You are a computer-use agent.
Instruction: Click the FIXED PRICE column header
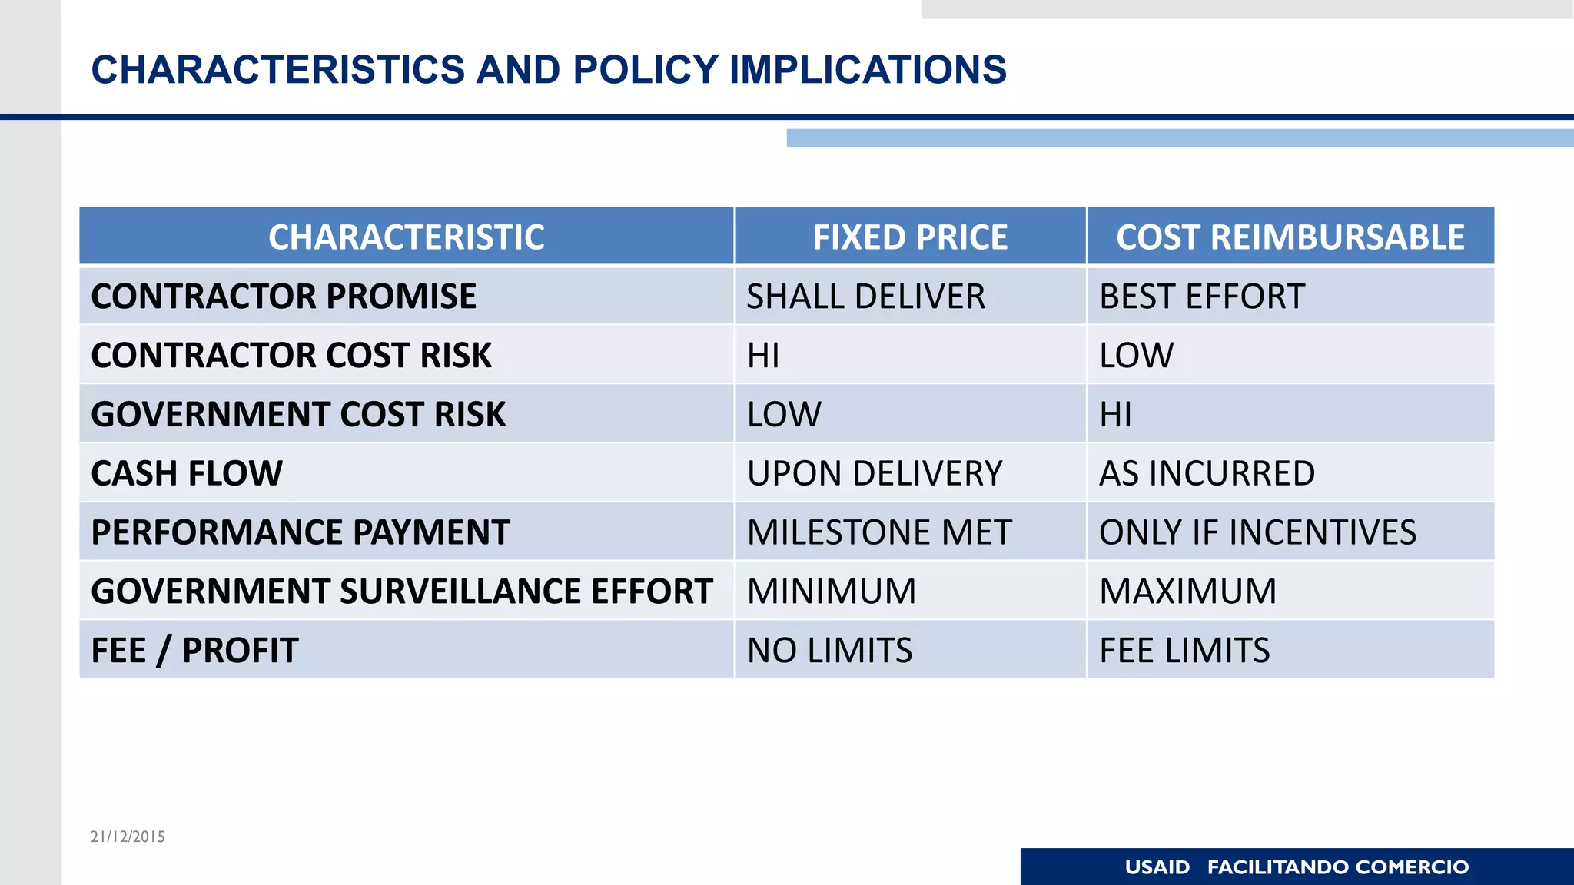(910, 237)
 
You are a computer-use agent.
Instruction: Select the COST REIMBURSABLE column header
(1290, 237)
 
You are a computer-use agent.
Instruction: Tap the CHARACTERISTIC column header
(407, 237)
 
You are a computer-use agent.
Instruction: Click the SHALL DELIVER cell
(865, 297)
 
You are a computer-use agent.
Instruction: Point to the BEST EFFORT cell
(1202, 297)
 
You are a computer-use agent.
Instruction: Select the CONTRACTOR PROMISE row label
(284, 297)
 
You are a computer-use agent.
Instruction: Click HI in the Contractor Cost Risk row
(763, 356)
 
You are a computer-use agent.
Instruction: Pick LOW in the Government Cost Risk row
(784, 415)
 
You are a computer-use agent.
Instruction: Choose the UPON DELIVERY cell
(875, 473)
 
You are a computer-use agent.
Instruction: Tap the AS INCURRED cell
(1207, 473)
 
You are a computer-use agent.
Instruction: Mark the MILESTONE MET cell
(879, 532)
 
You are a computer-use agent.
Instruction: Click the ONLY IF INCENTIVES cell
(1257, 532)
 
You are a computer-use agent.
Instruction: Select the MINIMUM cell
(832, 592)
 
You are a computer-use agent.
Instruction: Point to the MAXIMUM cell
(1187, 592)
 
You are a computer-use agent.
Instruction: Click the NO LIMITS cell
(830, 651)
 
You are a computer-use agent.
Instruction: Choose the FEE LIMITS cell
(1184, 651)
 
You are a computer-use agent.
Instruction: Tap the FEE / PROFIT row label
(194, 651)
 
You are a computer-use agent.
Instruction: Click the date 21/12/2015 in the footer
(128, 837)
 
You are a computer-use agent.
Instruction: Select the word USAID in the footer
(1157, 867)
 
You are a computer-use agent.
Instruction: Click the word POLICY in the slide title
(645, 70)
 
